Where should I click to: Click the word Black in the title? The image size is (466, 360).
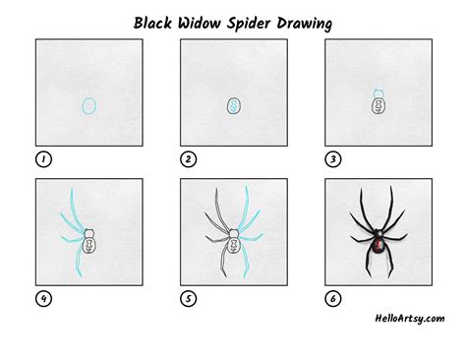[x=154, y=21]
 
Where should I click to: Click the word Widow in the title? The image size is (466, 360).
[x=207, y=21]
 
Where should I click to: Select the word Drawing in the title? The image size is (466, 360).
[x=319, y=21]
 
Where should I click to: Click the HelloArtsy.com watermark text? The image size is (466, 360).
[x=408, y=318]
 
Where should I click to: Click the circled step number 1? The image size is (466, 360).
[x=42, y=158]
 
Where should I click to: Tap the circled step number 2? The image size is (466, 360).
[x=188, y=158]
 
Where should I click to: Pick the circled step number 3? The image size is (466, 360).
[x=332, y=158]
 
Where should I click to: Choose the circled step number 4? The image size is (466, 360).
[x=42, y=299]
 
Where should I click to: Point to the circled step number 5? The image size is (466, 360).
[x=188, y=299]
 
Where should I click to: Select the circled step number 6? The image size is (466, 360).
[x=332, y=299]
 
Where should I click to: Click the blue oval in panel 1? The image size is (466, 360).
[x=88, y=105]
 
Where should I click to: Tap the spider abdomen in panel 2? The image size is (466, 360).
[x=233, y=105]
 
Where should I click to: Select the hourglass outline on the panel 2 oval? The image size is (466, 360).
[x=233, y=105]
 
